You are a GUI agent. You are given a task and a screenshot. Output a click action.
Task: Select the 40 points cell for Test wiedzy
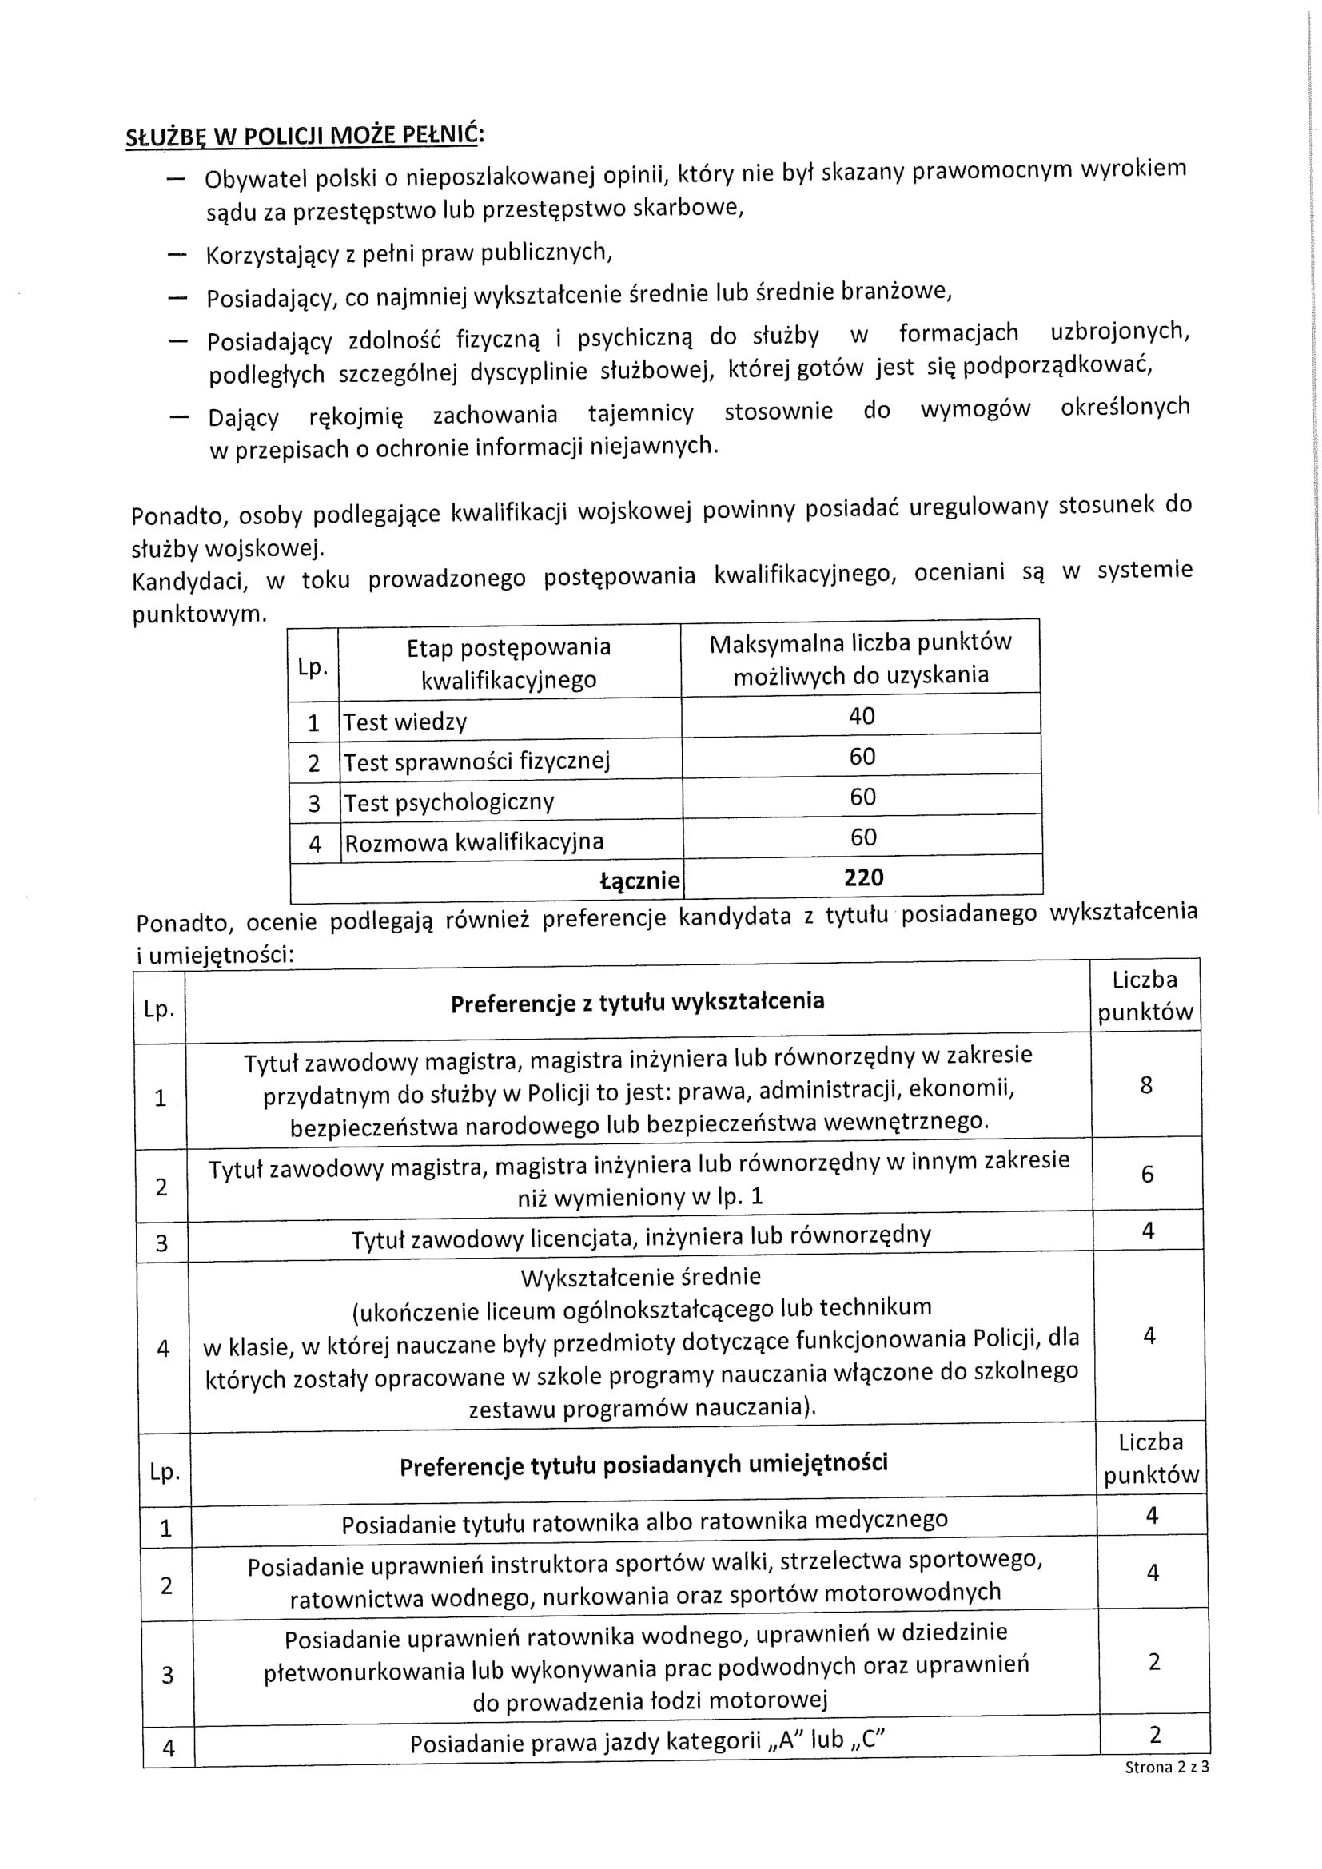862,716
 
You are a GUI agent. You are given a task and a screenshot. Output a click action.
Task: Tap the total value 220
864,877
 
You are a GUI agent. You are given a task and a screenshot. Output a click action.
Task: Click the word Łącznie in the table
640,881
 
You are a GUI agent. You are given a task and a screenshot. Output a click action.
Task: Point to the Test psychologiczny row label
448,802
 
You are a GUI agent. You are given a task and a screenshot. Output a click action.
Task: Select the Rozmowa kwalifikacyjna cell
474,842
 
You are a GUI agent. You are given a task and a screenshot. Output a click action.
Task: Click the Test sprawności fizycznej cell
476,762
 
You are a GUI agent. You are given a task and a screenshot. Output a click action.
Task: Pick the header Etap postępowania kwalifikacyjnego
509,663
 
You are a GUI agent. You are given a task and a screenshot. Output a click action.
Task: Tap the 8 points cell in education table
1146,1086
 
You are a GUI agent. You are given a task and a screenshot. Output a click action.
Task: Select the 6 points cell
1147,1175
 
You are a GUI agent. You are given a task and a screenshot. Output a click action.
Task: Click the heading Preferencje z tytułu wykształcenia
637,1002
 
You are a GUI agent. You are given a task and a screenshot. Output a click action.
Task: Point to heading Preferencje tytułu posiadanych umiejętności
643,1465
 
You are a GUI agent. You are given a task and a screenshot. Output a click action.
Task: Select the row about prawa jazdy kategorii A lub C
647,1742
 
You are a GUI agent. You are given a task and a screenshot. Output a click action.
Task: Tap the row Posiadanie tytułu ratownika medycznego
645,1521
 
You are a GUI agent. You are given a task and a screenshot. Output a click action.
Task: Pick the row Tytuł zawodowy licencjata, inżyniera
641,1237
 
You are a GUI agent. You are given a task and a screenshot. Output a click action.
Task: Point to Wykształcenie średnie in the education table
641,1276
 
